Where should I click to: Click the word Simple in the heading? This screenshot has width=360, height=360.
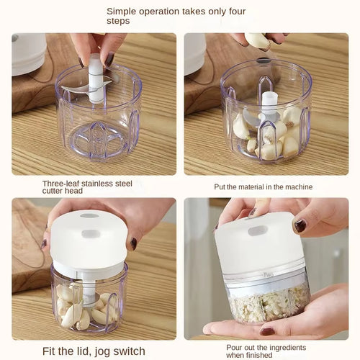[122, 11]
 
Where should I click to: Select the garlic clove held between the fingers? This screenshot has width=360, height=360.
[257, 41]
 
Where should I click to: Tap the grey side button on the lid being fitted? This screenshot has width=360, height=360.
[91, 234]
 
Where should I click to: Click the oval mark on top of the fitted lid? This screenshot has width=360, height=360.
[89, 216]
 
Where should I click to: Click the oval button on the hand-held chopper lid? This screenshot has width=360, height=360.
[257, 230]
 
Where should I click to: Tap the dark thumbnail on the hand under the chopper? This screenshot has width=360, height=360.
[266, 332]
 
